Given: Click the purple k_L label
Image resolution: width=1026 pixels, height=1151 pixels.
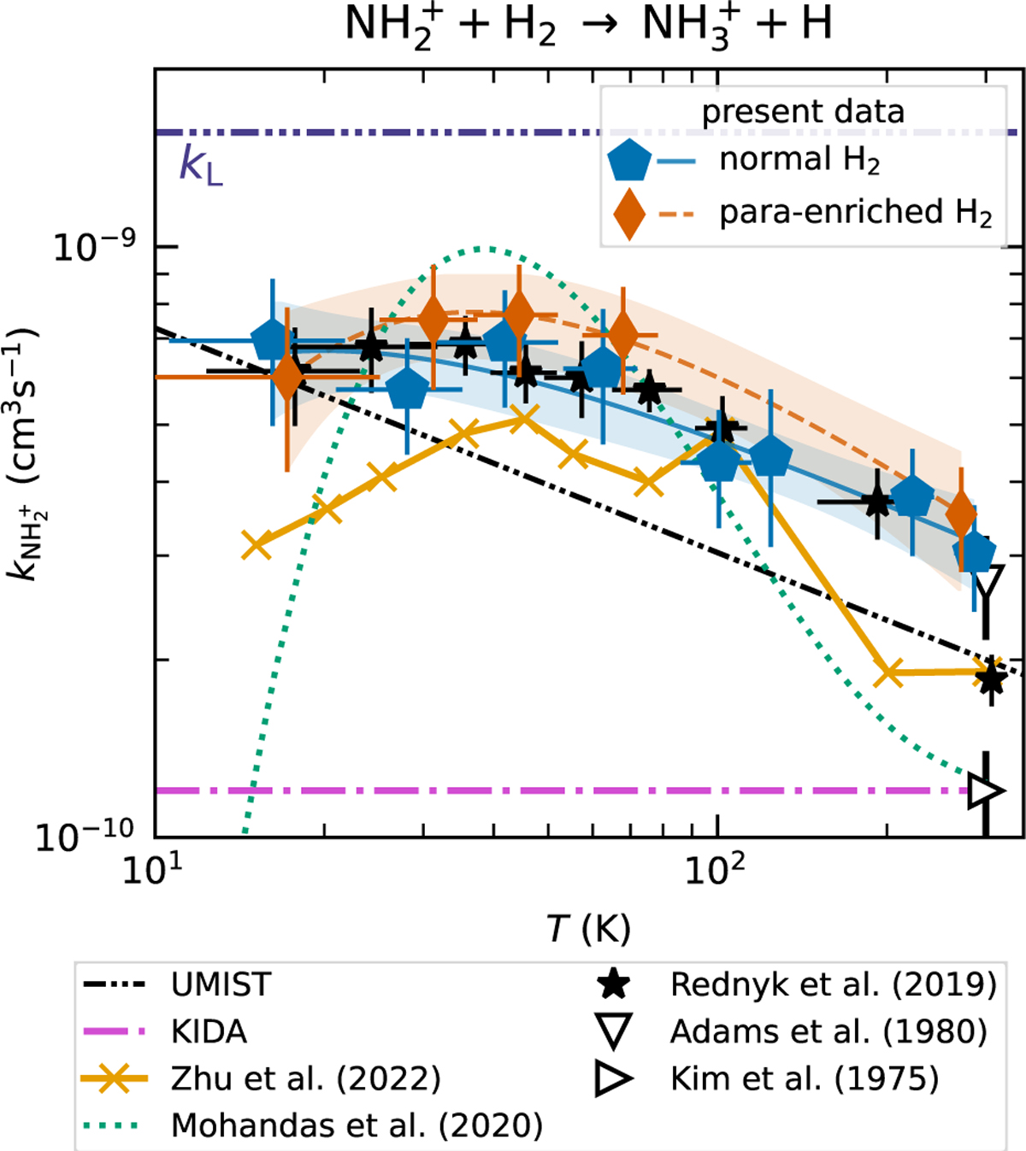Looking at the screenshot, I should pyautogui.click(x=200, y=164).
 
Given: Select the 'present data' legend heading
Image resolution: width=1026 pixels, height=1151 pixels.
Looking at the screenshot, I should pyautogui.click(x=803, y=112).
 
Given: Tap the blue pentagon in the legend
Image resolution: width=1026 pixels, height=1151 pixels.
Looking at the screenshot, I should pyautogui.click(x=629, y=161).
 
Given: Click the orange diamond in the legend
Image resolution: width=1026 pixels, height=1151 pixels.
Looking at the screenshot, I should pyautogui.click(x=629, y=214).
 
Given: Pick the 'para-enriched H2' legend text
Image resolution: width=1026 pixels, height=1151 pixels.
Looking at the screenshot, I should pyautogui.click(x=856, y=213).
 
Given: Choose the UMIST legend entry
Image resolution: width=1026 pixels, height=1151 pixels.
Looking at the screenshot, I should pyautogui.click(x=221, y=984).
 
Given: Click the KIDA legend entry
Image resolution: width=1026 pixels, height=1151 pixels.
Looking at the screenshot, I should pyautogui.click(x=209, y=1031).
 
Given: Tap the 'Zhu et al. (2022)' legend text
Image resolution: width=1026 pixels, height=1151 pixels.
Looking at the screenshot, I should pyautogui.click(x=305, y=1078).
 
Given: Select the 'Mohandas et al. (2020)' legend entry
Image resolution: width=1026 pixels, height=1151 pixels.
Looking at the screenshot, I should pyautogui.click(x=357, y=1125).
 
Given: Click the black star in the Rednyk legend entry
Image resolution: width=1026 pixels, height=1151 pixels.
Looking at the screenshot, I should pyautogui.click(x=615, y=984).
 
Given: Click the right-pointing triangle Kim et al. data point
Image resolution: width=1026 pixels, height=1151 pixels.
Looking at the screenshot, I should pyautogui.click(x=984, y=790).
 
